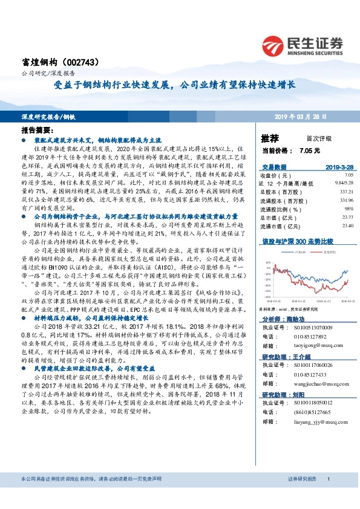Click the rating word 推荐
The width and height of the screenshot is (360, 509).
coord(270,138)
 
